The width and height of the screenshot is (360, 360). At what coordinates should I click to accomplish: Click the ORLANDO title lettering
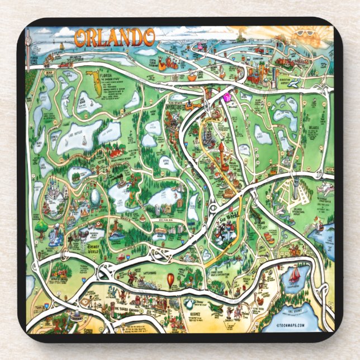[114, 37]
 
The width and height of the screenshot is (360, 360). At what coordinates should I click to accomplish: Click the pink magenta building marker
[228, 97]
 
